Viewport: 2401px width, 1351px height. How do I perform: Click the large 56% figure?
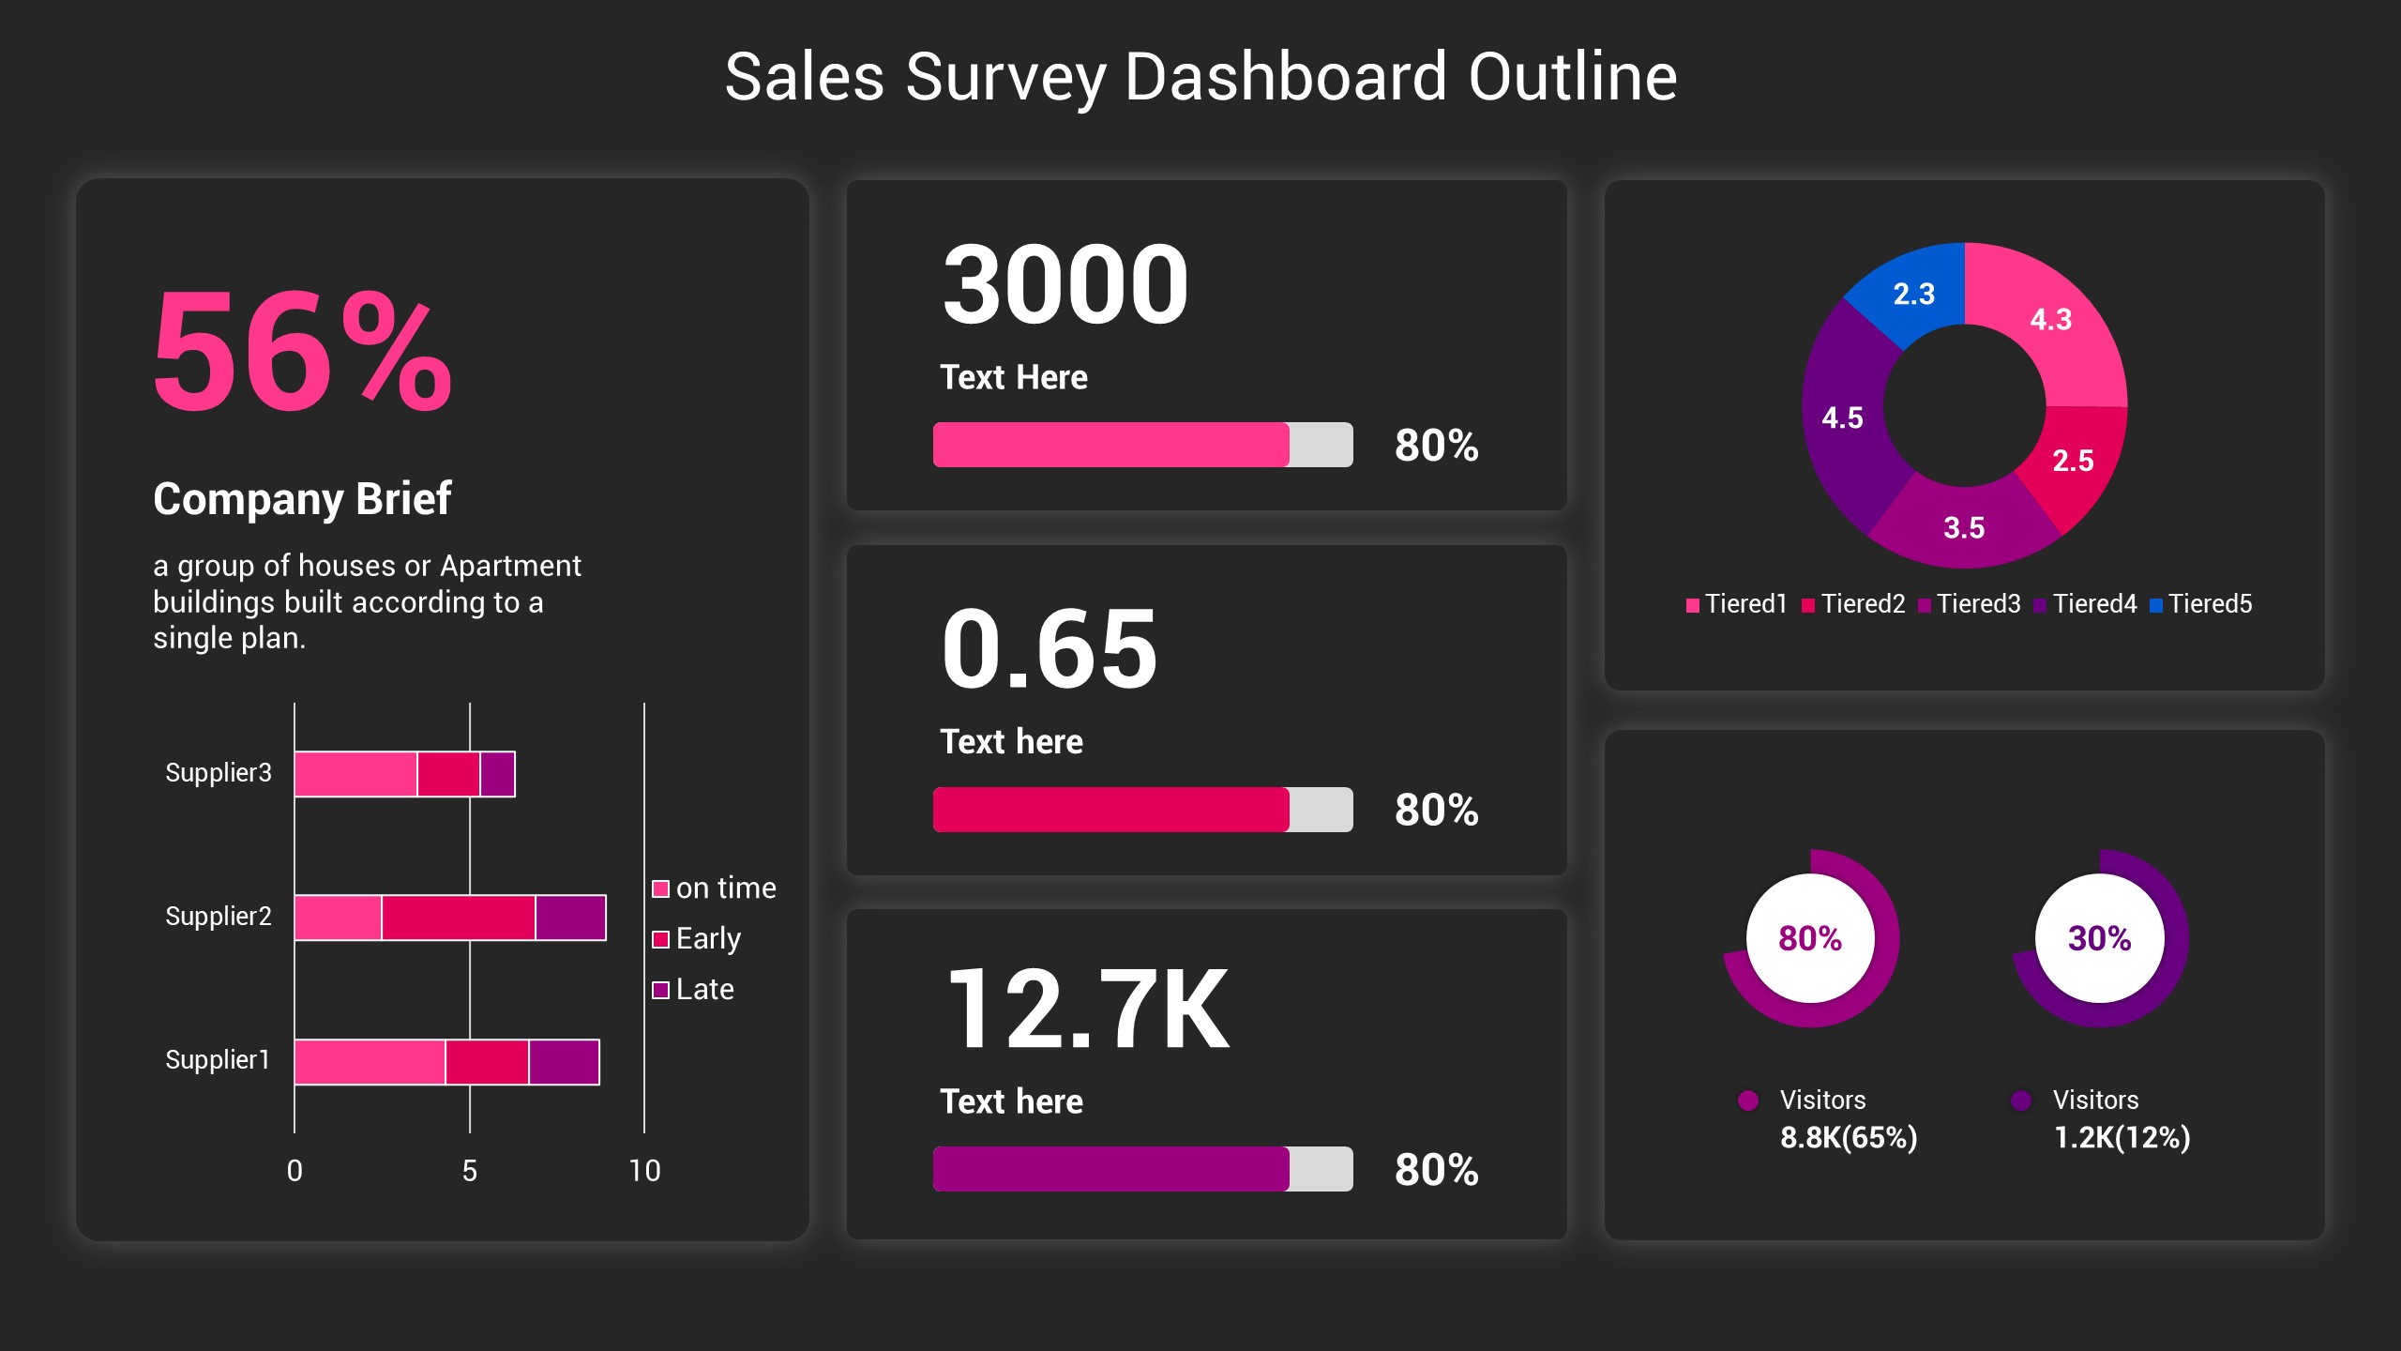302,353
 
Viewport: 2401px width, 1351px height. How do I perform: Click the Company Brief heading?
302,498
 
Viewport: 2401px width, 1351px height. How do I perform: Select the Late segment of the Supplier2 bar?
570,917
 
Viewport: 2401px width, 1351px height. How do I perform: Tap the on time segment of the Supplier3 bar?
355,774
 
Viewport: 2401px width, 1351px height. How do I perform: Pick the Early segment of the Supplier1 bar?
487,1061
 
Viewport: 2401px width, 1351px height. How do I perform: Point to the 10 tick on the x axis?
644,1170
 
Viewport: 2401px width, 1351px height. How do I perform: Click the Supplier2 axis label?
218,916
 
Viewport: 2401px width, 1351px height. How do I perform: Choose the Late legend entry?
694,989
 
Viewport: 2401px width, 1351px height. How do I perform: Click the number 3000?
1065,284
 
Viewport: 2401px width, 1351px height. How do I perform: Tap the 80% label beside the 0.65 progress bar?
1436,810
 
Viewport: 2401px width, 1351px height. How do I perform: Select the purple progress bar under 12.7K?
1110,1168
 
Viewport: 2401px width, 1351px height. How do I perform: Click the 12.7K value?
1088,1009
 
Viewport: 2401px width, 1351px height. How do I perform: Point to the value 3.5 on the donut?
1963,527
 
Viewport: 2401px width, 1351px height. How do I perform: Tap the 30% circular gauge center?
2099,938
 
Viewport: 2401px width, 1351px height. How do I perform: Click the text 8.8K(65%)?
1849,1137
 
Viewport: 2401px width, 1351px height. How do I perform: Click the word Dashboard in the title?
1285,77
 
